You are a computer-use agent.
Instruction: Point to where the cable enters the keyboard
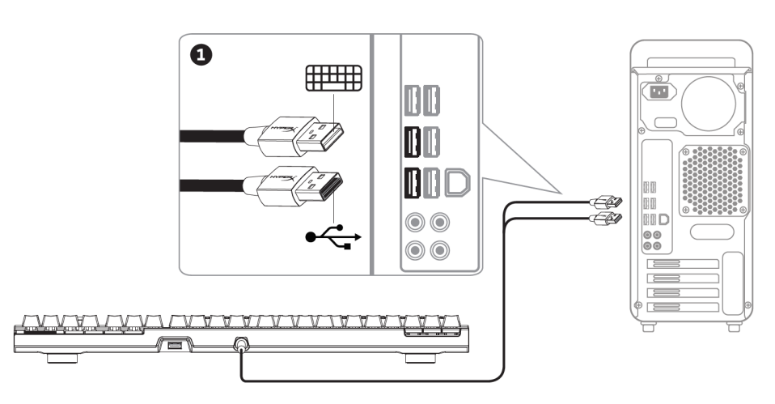(x=240, y=345)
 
